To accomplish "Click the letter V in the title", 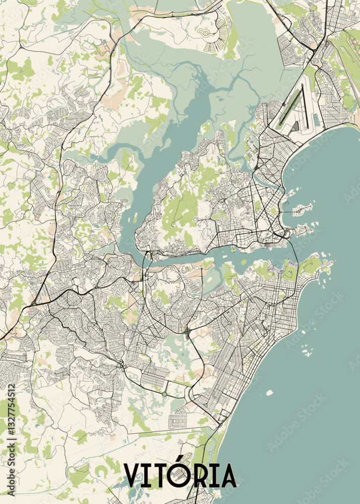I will [134, 476].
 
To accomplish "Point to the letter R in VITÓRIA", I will [199, 476].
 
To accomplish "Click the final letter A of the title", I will [225, 476].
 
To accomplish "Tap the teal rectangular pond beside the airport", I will [316, 120].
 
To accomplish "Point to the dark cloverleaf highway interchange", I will [188, 331].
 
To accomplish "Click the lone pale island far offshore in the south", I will [269, 393].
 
